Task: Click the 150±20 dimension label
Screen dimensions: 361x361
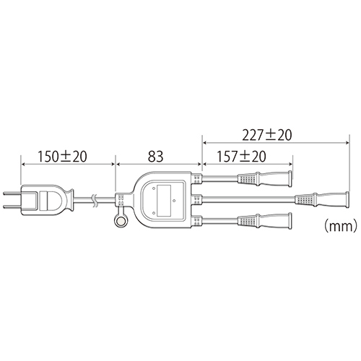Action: pos(63,157)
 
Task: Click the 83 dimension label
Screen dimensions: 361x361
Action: pos(155,157)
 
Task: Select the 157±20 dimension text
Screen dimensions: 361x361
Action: pos(241,157)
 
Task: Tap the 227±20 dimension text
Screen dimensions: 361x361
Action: pos(267,135)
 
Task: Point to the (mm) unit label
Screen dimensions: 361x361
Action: pos(339,226)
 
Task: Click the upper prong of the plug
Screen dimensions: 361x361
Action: pos(12,193)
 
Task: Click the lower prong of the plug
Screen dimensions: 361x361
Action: pos(12,206)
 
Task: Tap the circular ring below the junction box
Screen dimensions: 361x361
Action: pos(121,221)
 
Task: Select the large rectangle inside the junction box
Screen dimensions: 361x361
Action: pos(164,200)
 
